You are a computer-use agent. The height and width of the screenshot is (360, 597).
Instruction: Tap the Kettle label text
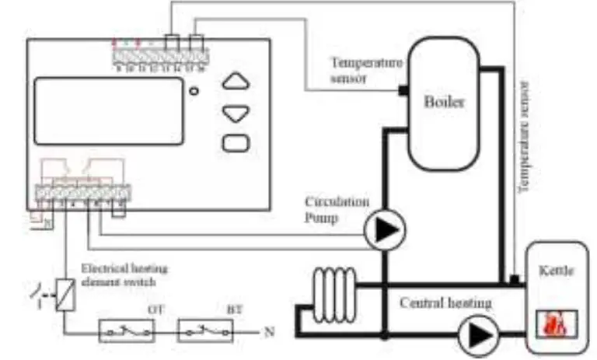(555, 273)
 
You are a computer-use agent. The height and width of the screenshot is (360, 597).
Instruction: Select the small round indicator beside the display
(194, 92)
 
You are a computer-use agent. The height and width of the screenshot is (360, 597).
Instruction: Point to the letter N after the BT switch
(269, 332)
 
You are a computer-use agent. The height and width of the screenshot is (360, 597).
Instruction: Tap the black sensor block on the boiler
(403, 91)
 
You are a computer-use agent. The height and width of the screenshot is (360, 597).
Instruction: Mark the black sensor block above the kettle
(514, 278)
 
